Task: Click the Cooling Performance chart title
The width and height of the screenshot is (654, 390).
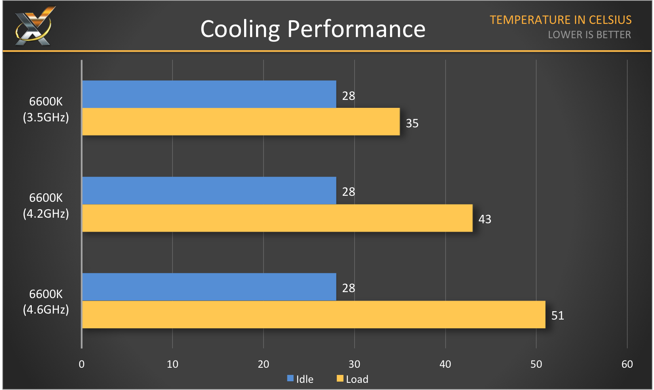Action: (x=313, y=29)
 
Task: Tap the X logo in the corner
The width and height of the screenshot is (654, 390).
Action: (x=34, y=26)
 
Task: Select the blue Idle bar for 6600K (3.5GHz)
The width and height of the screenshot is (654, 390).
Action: (x=209, y=94)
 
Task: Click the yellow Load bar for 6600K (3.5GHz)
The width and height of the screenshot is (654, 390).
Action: (x=241, y=122)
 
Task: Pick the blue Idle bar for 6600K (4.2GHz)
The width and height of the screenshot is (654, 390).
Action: (x=209, y=191)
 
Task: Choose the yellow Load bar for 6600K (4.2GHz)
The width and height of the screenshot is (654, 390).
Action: (x=277, y=218)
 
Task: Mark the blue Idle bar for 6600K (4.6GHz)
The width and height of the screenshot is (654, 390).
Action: (x=209, y=287)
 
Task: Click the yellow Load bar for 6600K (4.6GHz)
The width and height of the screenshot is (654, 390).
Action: (x=314, y=314)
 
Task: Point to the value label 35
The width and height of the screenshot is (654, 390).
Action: (x=412, y=123)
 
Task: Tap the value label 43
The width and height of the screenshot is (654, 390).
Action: (x=485, y=219)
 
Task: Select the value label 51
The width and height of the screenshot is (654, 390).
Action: (x=557, y=316)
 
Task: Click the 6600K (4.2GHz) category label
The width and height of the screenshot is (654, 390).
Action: (x=46, y=206)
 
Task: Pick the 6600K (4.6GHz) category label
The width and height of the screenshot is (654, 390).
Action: (x=46, y=302)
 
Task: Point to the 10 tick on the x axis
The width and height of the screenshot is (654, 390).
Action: (x=173, y=364)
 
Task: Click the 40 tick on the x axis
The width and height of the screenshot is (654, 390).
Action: (x=445, y=364)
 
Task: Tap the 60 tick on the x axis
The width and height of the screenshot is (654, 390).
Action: (x=627, y=364)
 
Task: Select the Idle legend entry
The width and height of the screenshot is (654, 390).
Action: (x=301, y=379)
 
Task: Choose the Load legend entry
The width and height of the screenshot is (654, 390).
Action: (x=353, y=379)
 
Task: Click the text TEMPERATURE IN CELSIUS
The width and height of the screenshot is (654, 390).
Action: (x=561, y=20)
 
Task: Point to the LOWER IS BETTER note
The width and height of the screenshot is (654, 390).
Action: (x=589, y=35)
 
